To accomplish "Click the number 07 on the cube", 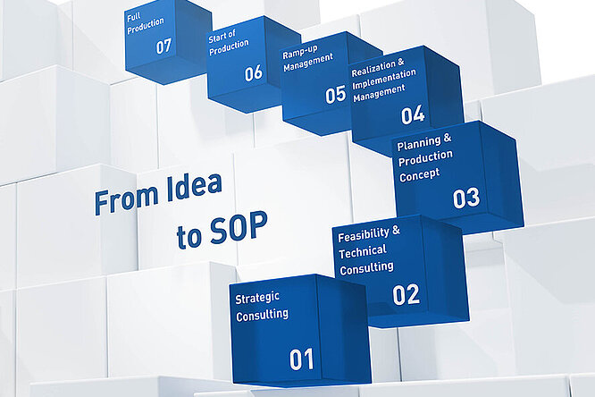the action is (163, 46).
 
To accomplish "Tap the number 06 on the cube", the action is (253, 72).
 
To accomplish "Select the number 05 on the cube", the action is (335, 95).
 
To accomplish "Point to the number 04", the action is (413, 115).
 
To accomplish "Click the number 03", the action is (466, 198).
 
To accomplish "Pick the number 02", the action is (406, 294).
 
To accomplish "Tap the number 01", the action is (302, 359).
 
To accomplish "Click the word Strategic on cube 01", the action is (257, 299).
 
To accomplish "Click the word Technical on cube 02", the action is (363, 252).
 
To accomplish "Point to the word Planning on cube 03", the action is (418, 143).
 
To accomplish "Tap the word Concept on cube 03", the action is (419, 175).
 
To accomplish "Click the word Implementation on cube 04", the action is (384, 79).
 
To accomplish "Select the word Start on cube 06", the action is (217, 38).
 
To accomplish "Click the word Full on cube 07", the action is (134, 18).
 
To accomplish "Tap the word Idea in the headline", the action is (194, 188).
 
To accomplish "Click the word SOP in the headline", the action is (239, 227).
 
